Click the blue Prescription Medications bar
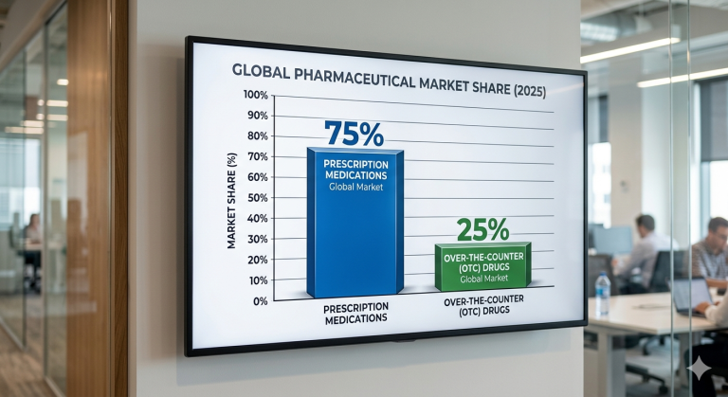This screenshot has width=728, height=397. pyautogui.click(x=354, y=237)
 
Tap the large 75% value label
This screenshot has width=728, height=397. pyautogui.click(x=354, y=134)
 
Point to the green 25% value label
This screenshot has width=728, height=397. pyautogui.click(x=482, y=229)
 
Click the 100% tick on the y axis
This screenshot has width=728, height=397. pyautogui.click(x=256, y=95)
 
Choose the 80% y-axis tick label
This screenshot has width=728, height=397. pyautogui.click(x=257, y=136)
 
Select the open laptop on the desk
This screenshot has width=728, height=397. pyautogui.click(x=691, y=296)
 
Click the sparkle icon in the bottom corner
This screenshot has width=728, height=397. pyautogui.click(x=702, y=370)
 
